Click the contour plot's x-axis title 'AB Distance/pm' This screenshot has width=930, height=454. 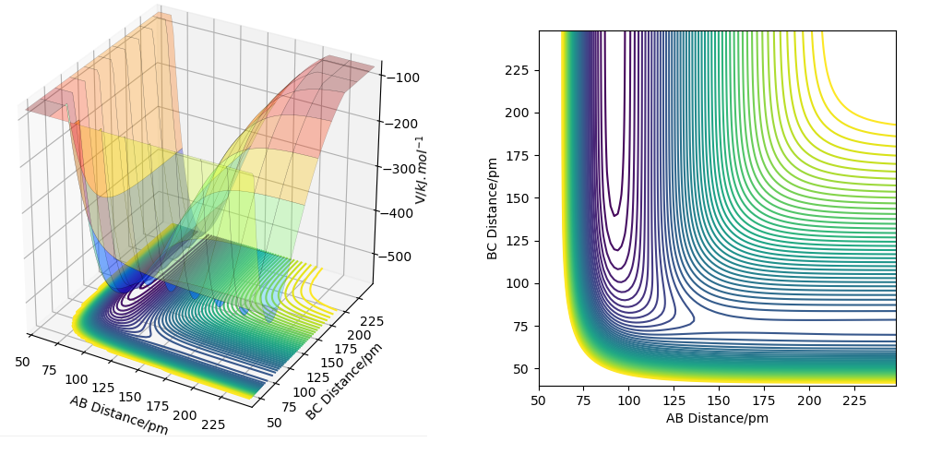coord(717,418)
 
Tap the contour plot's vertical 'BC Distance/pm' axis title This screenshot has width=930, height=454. coord(493,208)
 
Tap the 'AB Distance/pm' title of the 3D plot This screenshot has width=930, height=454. coord(118,413)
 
